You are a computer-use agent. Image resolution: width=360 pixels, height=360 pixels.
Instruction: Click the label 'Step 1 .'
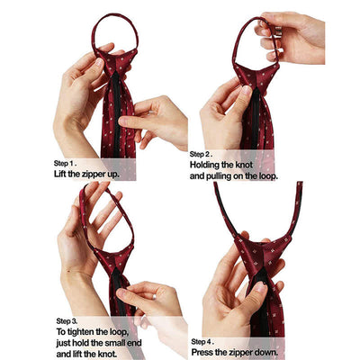(x=65, y=164)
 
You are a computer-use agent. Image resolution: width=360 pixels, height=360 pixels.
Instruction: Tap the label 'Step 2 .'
(x=201, y=155)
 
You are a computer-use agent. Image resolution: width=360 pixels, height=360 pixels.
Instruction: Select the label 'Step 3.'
(x=67, y=321)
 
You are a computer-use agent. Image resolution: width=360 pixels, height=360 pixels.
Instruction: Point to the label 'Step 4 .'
(x=202, y=342)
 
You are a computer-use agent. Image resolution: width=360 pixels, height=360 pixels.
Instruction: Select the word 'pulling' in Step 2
(x=219, y=176)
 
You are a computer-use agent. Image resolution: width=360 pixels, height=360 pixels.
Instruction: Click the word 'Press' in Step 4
(x=202, y=352)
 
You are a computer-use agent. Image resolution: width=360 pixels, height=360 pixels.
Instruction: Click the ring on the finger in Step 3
(x=154, y=297)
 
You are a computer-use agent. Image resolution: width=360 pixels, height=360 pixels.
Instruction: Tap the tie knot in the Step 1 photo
(x=115, y=62)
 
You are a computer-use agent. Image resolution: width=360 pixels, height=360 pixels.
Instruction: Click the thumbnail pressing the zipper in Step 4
(x=260, y=287)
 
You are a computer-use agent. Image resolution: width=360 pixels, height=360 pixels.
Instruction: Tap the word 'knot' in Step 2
(x=244, y=165)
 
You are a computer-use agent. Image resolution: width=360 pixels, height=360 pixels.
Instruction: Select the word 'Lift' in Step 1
(x=60, y=175)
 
